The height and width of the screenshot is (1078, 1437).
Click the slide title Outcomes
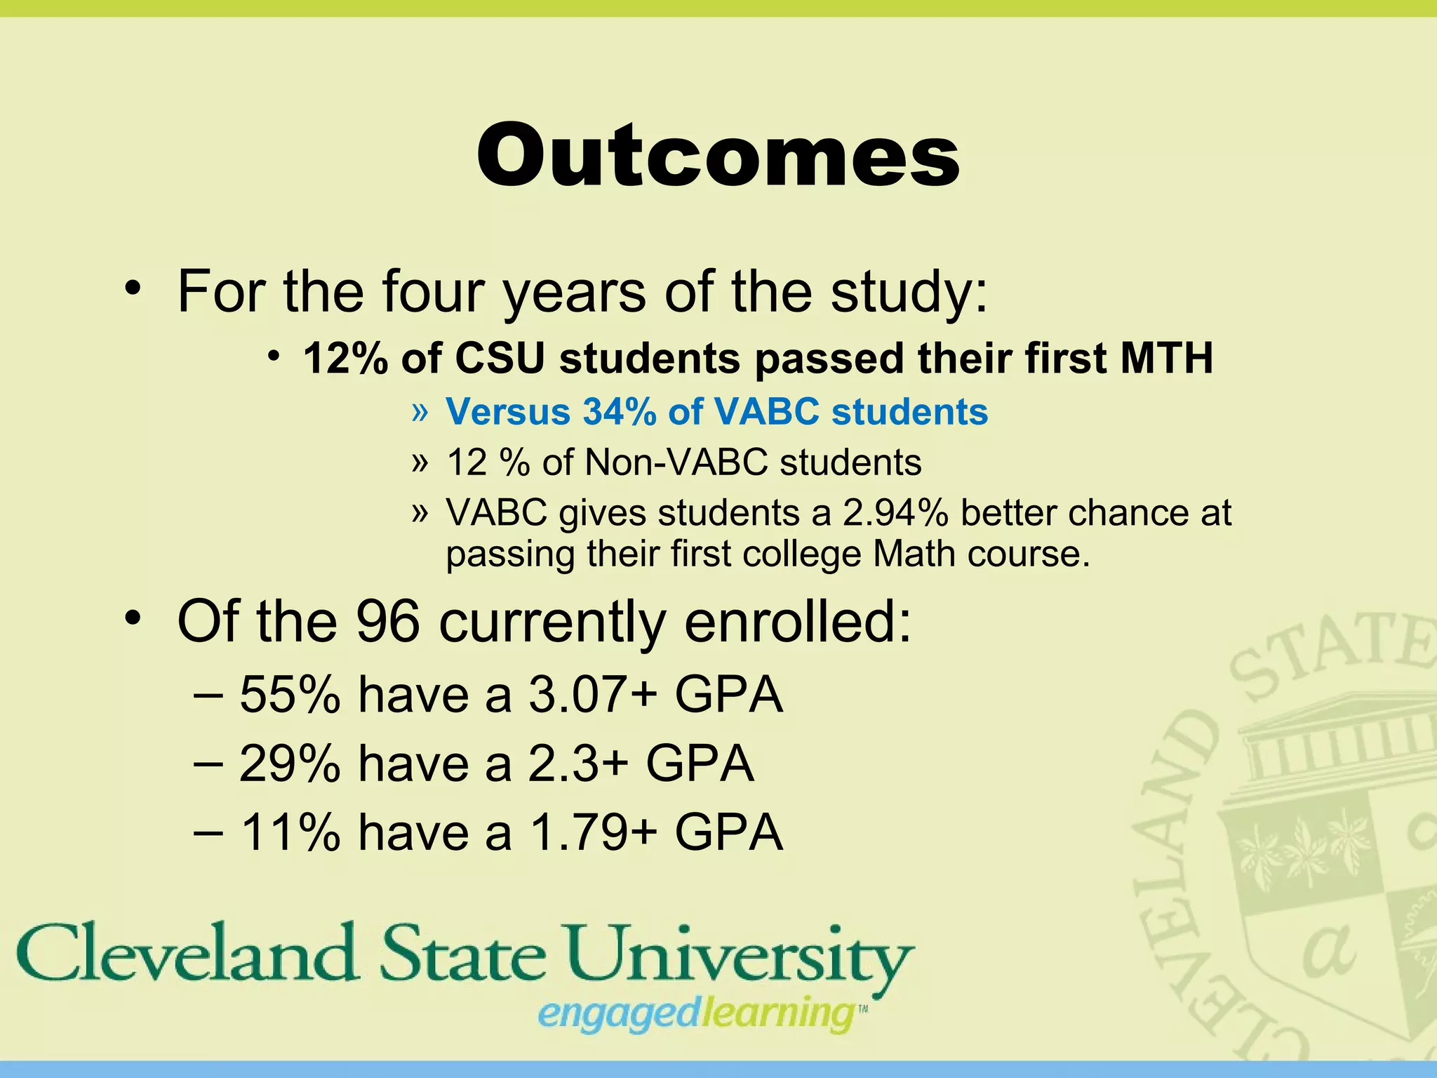pyautogui.click(x=718, y=156)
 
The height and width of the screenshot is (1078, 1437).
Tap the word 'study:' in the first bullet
pyautogui.click(x=909, y=291)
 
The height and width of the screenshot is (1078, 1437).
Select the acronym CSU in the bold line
pyautogui.click(x=500, y=359)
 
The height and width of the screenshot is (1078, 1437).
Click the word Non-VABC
pyautogui.click(x=676, y=463)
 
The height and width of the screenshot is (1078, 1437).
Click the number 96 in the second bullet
pyautogui.click(x=388, y=622)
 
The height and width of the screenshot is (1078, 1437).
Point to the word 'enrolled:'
pyautogui.click(x=798, y=622)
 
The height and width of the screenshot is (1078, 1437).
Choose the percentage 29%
pyautogui.click(x=290, y=764)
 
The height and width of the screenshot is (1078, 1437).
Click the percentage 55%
pyautogui.click(x=290, y=695)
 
